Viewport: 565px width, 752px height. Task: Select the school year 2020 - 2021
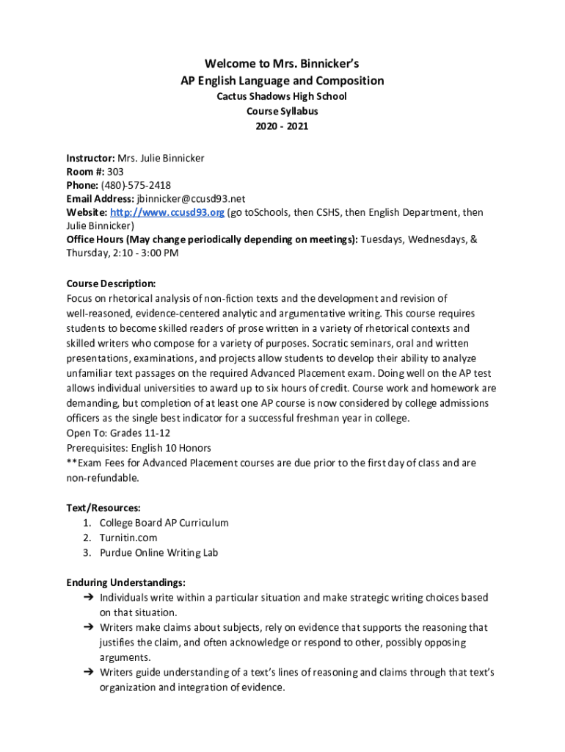pyautogui.click(x=282, y=126)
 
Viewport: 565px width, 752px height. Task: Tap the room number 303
pyautogui.click(x=115, y=171)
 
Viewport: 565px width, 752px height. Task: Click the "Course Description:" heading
pyautogui.click(x=111, y=283)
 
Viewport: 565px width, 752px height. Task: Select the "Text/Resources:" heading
pyautogui.click(x=103, y=507)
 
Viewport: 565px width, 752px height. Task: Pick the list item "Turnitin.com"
pyautogui.click(x=128, y=538)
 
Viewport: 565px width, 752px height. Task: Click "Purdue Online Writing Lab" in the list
pyautogui.click(x=158, y=552)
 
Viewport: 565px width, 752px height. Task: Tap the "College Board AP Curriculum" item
pyautogui.click(x=164, y=523)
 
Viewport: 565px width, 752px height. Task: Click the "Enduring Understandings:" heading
pyautogui.click(x=125, y=582)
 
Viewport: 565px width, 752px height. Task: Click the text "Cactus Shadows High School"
pyautogui.click(x=282, y=96)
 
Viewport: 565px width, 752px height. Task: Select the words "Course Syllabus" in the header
pyautogui.click(x=282, y=112)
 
